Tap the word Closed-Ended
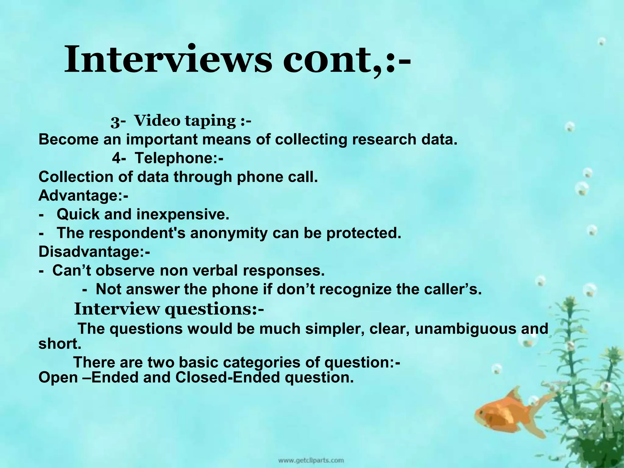click(227, 378)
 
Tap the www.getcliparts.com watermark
click(310, 460)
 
